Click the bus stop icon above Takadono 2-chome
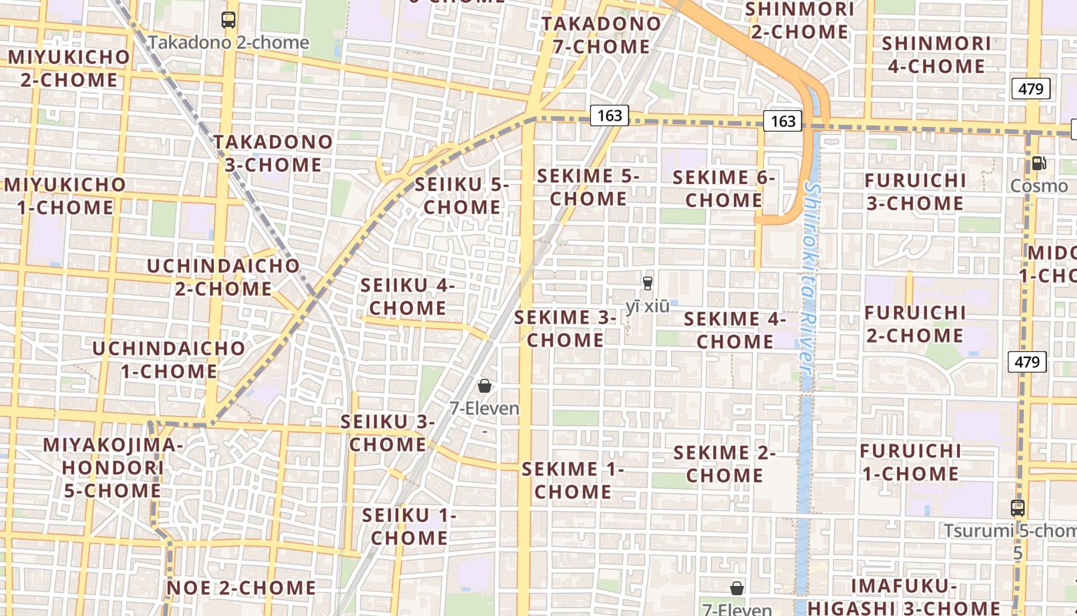pyautogui.click(x=228, y=20)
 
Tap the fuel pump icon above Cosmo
pyautogui.click(x=1039, y=163)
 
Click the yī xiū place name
pyautogui.click(x=647, y=306)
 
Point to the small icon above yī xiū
pyautogui.click(x=647, y=283)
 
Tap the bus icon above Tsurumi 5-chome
pyautogui.click(x=1018, y=508)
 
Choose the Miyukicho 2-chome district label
pyautogui.click(x=69, y=69)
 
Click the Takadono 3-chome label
pyautogui.click(x=273, y=153)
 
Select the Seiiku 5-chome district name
pyautogui.click(x=462, y=196)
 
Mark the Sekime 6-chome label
pyautogui.click(x=724, y=189)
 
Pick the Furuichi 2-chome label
pyautogui.click(x=915, y=324)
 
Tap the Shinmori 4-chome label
pyautogui.click(x=936, y=55)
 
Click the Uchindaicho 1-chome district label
pyautogui.click(x=168, y=360)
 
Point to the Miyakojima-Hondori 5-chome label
pyautogui.click(x=112, y=467)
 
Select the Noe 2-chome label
pyautogui.click(x=241, y=588)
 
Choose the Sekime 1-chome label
pyautogui.click(x=573, y=480)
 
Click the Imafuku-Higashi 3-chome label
pyautogui.click(x=925, y=597)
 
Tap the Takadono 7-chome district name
pyautogui.click(x=601, y=35)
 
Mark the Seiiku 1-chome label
pyautogui.click(x=409, y=527)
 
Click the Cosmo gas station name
pyautogui.click(x=1039, y=186)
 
